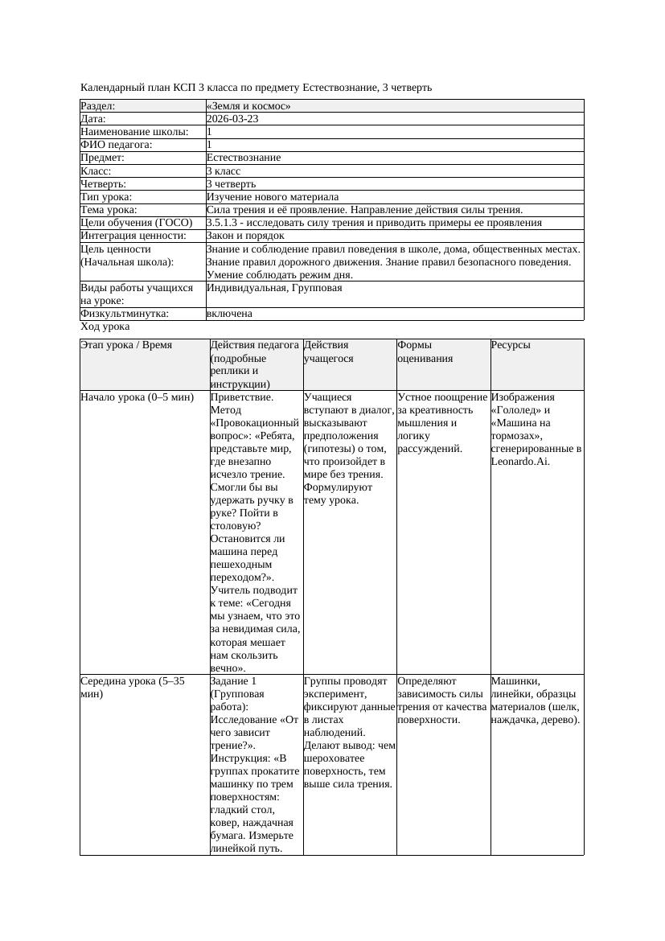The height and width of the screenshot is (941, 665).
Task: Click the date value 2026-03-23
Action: coord(232,119)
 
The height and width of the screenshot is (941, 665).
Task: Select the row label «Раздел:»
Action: coord(98,106)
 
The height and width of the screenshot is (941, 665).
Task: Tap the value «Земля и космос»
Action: coord(248,106)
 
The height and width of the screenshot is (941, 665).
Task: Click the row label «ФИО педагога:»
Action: coord(117,145)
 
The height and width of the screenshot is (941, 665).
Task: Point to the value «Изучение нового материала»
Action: coord(273,197)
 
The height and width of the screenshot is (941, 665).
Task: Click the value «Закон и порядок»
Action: coord(245,236)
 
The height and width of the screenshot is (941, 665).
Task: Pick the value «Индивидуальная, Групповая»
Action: coord(274,288)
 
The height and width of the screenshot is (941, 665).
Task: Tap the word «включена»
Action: coord(229,314)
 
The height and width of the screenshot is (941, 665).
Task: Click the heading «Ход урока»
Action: coord(105,327)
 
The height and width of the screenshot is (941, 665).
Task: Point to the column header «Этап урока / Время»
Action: coord(126,345)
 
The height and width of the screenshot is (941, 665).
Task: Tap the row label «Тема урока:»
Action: coord(109,210)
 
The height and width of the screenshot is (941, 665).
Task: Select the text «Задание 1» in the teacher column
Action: coord(232,681)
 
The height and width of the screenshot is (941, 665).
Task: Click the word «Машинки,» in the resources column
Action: coord(515,681)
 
